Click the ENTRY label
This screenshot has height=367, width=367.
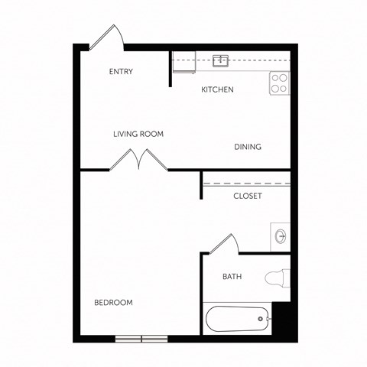coord(121,73)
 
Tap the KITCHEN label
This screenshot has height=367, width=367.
coord(217,90)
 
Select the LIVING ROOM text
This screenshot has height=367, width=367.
coord(138,135)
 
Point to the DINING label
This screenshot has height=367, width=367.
coord(248,148)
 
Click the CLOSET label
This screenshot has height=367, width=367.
coord(248,196)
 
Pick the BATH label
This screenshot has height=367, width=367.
coord(232,277)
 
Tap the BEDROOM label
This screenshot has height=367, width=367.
coord(113,303)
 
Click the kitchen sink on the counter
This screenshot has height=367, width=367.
coord(222,60)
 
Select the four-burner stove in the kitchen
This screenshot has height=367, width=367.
coord(279,83)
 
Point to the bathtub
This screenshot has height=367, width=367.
coord(238,319)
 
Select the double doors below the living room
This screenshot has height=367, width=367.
coord(141,159)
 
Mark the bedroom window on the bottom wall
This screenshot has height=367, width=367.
coord(141,338)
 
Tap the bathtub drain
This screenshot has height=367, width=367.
coord(262,319)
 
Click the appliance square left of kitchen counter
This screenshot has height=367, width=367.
coord(183,65)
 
